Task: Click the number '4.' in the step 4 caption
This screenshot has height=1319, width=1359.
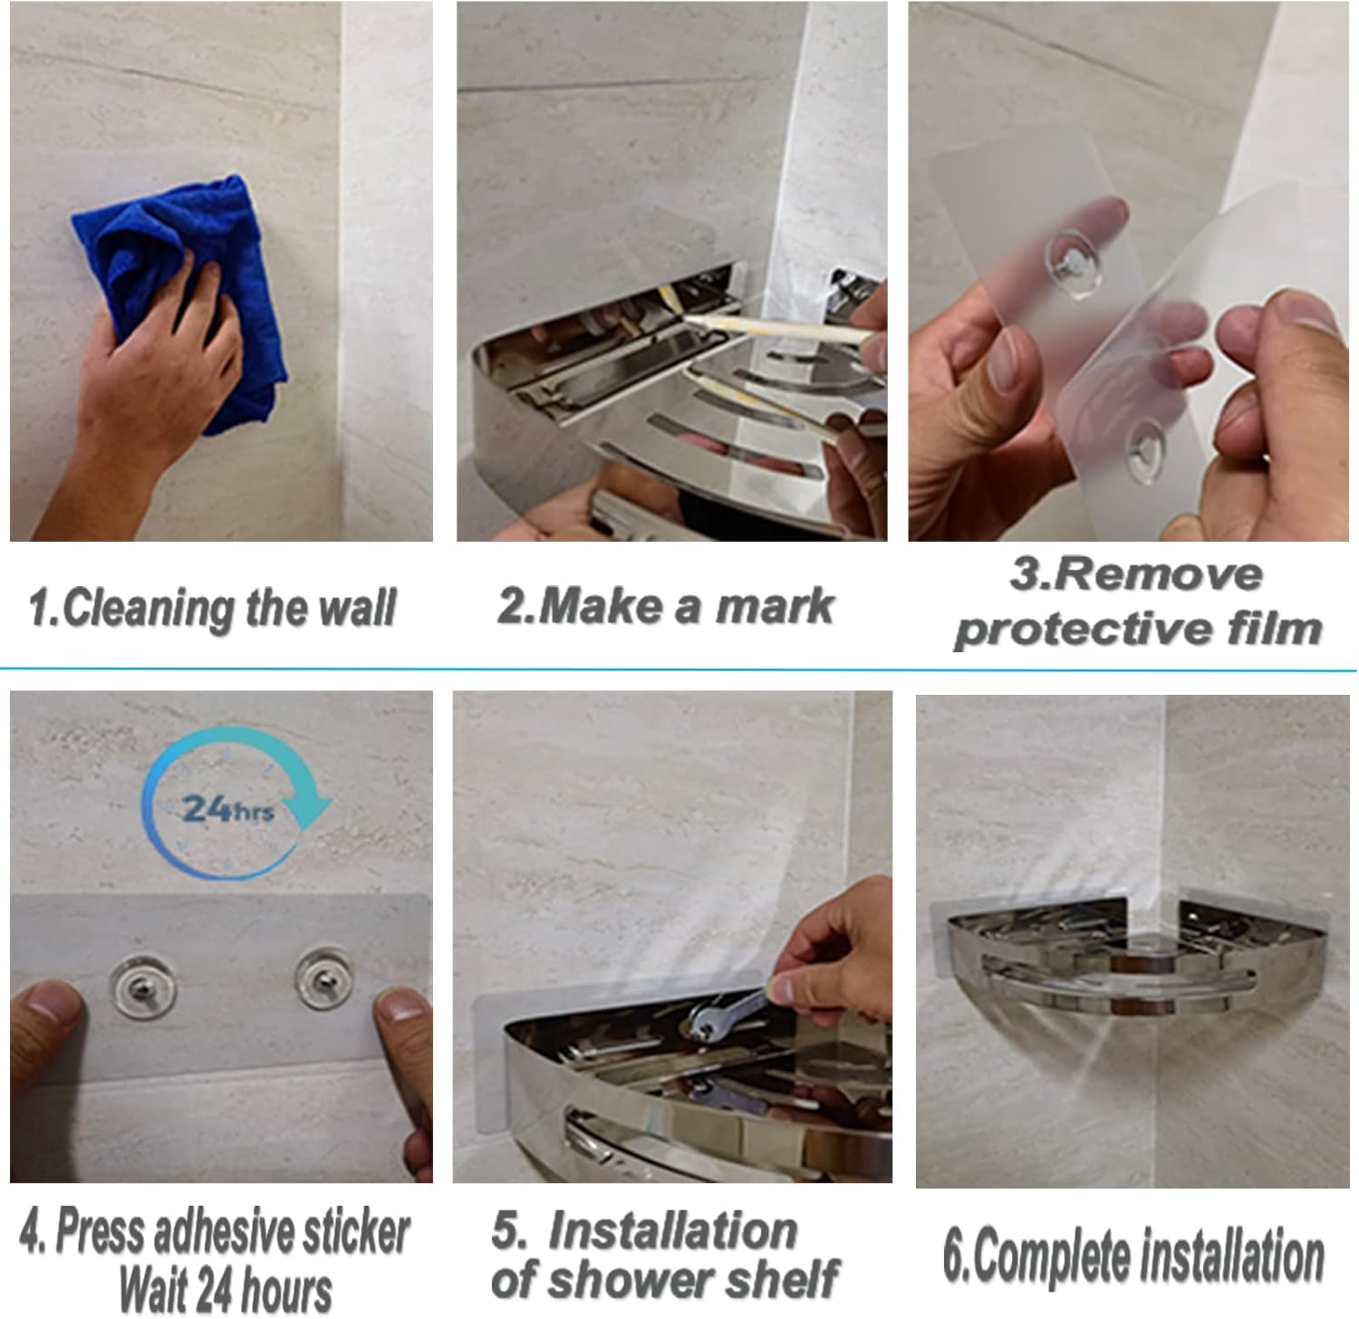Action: [34, 1232]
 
